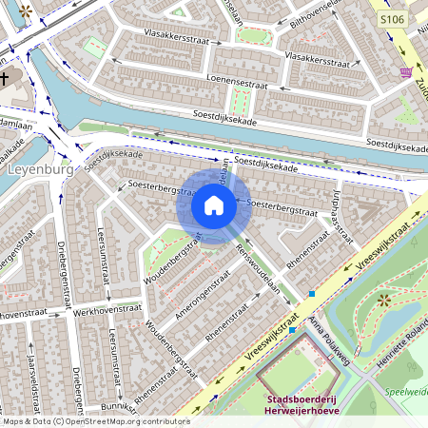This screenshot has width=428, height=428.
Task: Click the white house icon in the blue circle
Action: click(214, 205)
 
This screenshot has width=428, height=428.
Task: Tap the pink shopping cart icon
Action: click(407, 72)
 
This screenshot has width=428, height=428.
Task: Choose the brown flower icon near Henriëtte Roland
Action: click(383, 301)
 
